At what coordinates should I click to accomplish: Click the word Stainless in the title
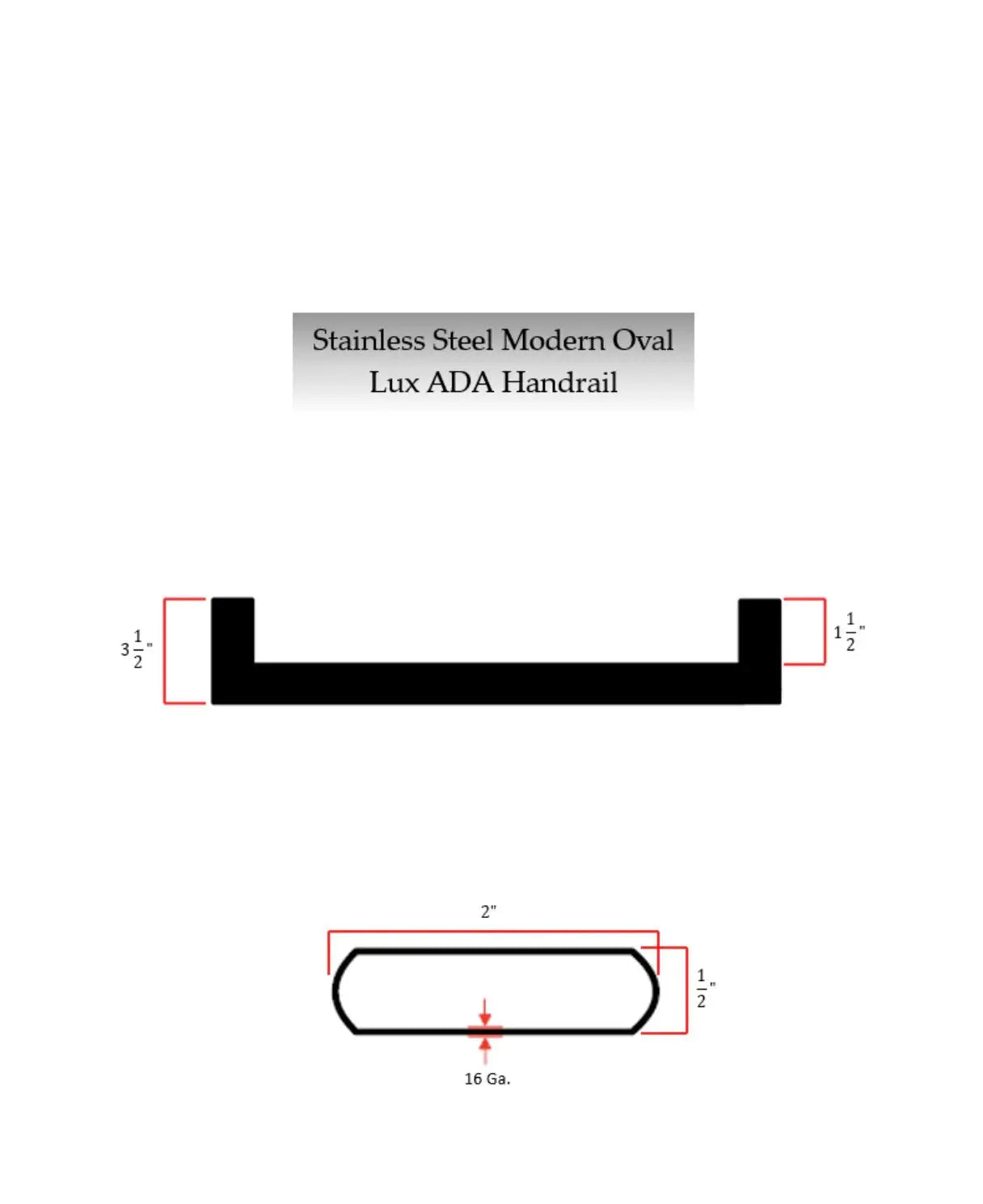coord(368,340)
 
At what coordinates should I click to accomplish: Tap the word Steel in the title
coord(462,340)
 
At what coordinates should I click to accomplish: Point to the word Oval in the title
coord(643,340)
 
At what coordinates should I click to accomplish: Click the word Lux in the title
coord(394,382)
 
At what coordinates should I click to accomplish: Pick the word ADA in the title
coord(459,382)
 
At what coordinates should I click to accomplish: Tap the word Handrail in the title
coord(559,382)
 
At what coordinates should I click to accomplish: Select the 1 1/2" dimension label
coord(849,632)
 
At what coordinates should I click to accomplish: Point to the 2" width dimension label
coord(488,911)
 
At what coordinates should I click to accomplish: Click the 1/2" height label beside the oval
coord(703,988)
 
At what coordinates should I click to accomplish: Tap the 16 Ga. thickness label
coord(487,1079)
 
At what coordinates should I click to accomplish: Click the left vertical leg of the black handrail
coord(233,630)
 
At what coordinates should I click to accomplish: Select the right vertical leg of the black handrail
coord(760,630)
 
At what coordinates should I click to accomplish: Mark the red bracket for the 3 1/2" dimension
coord(165,650)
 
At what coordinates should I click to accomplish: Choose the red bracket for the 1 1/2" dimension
coord(824,632)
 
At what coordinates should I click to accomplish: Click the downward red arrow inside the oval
coord(484,1014)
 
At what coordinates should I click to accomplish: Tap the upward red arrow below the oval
coord(485,1048)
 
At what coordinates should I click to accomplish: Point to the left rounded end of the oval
coord(339,991)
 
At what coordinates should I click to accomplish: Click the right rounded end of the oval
coord(652,991)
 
